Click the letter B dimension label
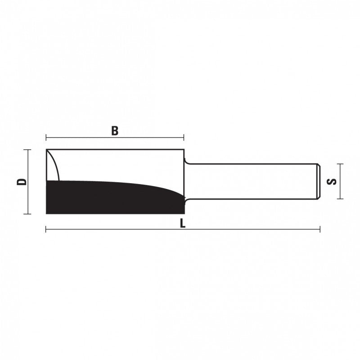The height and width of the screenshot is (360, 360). pyautogui.click(x=115, y=131)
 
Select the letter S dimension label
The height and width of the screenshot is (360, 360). pyautogui.click(x=332, y=182)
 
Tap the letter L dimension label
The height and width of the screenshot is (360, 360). pyautogui.click(x=182, y=224)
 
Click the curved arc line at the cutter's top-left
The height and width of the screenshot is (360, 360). pyautogui.click(x=55, y=164)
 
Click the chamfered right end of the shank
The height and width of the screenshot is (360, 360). pyautogui.click(x=319, y=181)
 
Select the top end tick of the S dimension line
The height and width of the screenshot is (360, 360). pyautogui.click(x=341, y=164)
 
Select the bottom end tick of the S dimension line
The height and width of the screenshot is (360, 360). pyautogui.click(x=341, y=198)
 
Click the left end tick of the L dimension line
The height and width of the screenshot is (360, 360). pyautogui.click(x=46, y=229)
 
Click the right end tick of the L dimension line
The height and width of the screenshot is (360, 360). pyautogui.click(x=320, y=229)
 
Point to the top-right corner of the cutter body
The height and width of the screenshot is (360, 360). pyautogui.click(x=184, y=149)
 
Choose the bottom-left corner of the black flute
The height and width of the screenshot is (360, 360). pyautogui.click(x=47, y=213)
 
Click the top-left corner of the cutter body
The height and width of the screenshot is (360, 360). pyautogui.click(x=47, y=149)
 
